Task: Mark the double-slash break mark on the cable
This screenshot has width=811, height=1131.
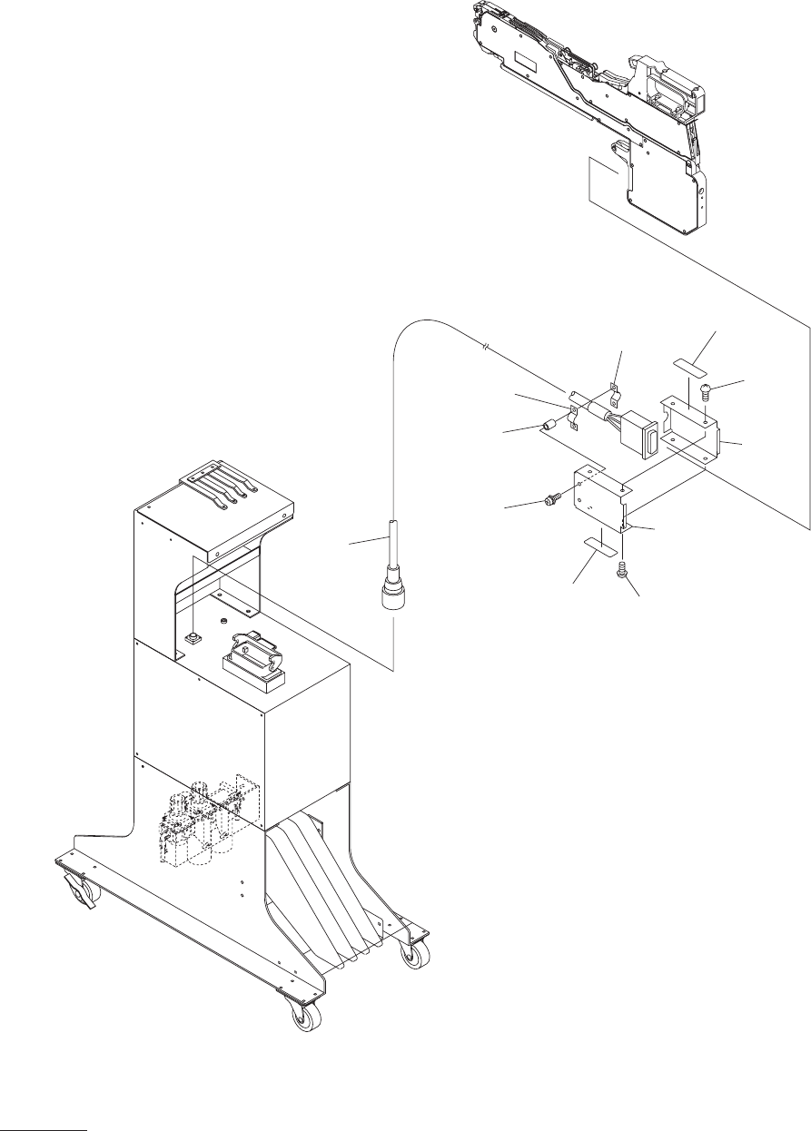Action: click(x=488, y=347)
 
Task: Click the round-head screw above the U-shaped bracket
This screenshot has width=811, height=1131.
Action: click(x=706, y=391)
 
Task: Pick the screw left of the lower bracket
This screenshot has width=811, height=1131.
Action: click(x=551, y=497)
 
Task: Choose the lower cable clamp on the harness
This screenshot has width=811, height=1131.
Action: click(x=572, y=418)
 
